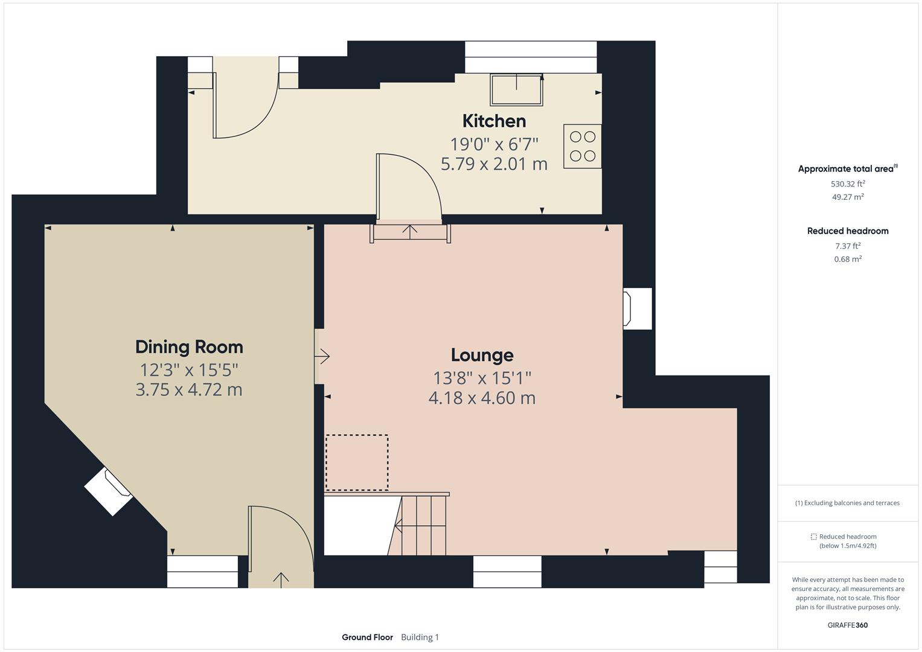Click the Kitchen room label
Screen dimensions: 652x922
494,121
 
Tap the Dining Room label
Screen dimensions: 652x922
189,347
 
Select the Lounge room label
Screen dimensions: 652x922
482,355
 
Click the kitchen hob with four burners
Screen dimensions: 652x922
583,146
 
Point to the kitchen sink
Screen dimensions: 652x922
516,89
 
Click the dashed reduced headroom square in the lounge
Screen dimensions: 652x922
357,462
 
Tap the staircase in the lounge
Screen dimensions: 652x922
421,524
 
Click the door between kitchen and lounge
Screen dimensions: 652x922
409,187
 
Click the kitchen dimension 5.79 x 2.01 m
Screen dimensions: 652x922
494,164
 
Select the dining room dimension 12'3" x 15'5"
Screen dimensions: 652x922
189,369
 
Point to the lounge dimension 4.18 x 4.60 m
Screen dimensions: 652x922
482,398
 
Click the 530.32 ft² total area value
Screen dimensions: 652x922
848,184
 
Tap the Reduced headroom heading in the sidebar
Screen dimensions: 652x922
848,231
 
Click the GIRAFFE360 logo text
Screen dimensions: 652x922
848,625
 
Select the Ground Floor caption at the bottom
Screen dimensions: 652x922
367,637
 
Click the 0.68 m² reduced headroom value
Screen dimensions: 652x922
848,259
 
